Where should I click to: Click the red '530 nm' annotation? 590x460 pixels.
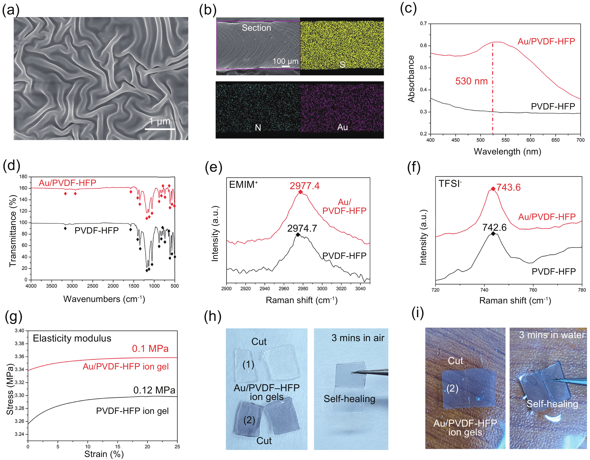point(471,81)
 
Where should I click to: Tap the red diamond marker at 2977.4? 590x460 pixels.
point(300,192)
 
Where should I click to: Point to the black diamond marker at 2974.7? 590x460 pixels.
point(298,235)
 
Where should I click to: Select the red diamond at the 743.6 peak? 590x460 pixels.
point(493,189)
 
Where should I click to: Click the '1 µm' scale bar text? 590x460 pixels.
point(160,121)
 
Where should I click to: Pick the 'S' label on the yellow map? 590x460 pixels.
point(342,64)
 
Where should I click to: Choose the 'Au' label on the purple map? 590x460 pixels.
point(343,127)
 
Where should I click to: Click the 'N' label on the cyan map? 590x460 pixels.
point(258,128)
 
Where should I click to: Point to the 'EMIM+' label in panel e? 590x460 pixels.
point(243,184)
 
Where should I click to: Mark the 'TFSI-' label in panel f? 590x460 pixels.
point(450,184)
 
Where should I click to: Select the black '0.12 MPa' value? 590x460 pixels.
point(154,390)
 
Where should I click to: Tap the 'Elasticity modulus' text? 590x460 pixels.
point(72,338)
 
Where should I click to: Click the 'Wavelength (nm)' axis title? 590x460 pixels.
point(507,151)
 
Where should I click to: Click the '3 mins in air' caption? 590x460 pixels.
point(358,338)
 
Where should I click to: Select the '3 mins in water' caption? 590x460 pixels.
point(552,335)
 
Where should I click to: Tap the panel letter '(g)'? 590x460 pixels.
point(13,317)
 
